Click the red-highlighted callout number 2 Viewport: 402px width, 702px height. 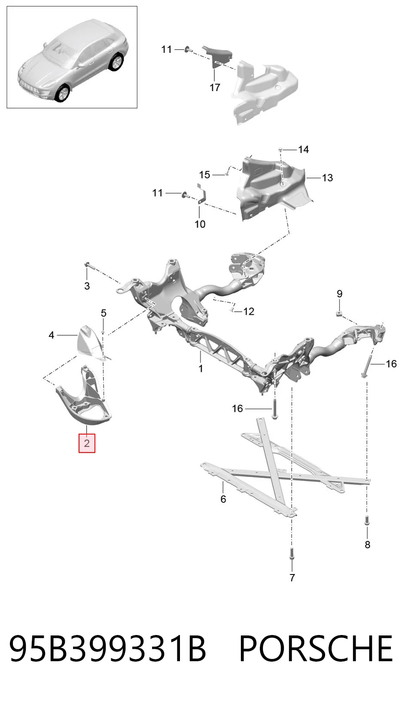tap(87, 443)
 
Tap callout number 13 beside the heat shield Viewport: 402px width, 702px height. tap(327, 178)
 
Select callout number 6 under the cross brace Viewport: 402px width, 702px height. tap(223, 499)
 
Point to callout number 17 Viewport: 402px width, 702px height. tap(215, 87)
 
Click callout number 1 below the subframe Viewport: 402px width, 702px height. tap(201, 368)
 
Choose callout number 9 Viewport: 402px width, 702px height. tap(340, 294)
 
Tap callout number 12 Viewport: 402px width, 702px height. tap(249, 311)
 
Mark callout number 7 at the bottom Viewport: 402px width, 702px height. tap(292, 577)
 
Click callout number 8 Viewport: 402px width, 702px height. tap(368, 544)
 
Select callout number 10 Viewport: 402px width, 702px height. tap(200, 224)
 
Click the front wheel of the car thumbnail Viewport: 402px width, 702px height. tap(63, 93)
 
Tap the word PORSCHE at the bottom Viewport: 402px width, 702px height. tap(315, 648)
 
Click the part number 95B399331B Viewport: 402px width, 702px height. tap(107, 648)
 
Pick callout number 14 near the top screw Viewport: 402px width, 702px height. tap(303, 149)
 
